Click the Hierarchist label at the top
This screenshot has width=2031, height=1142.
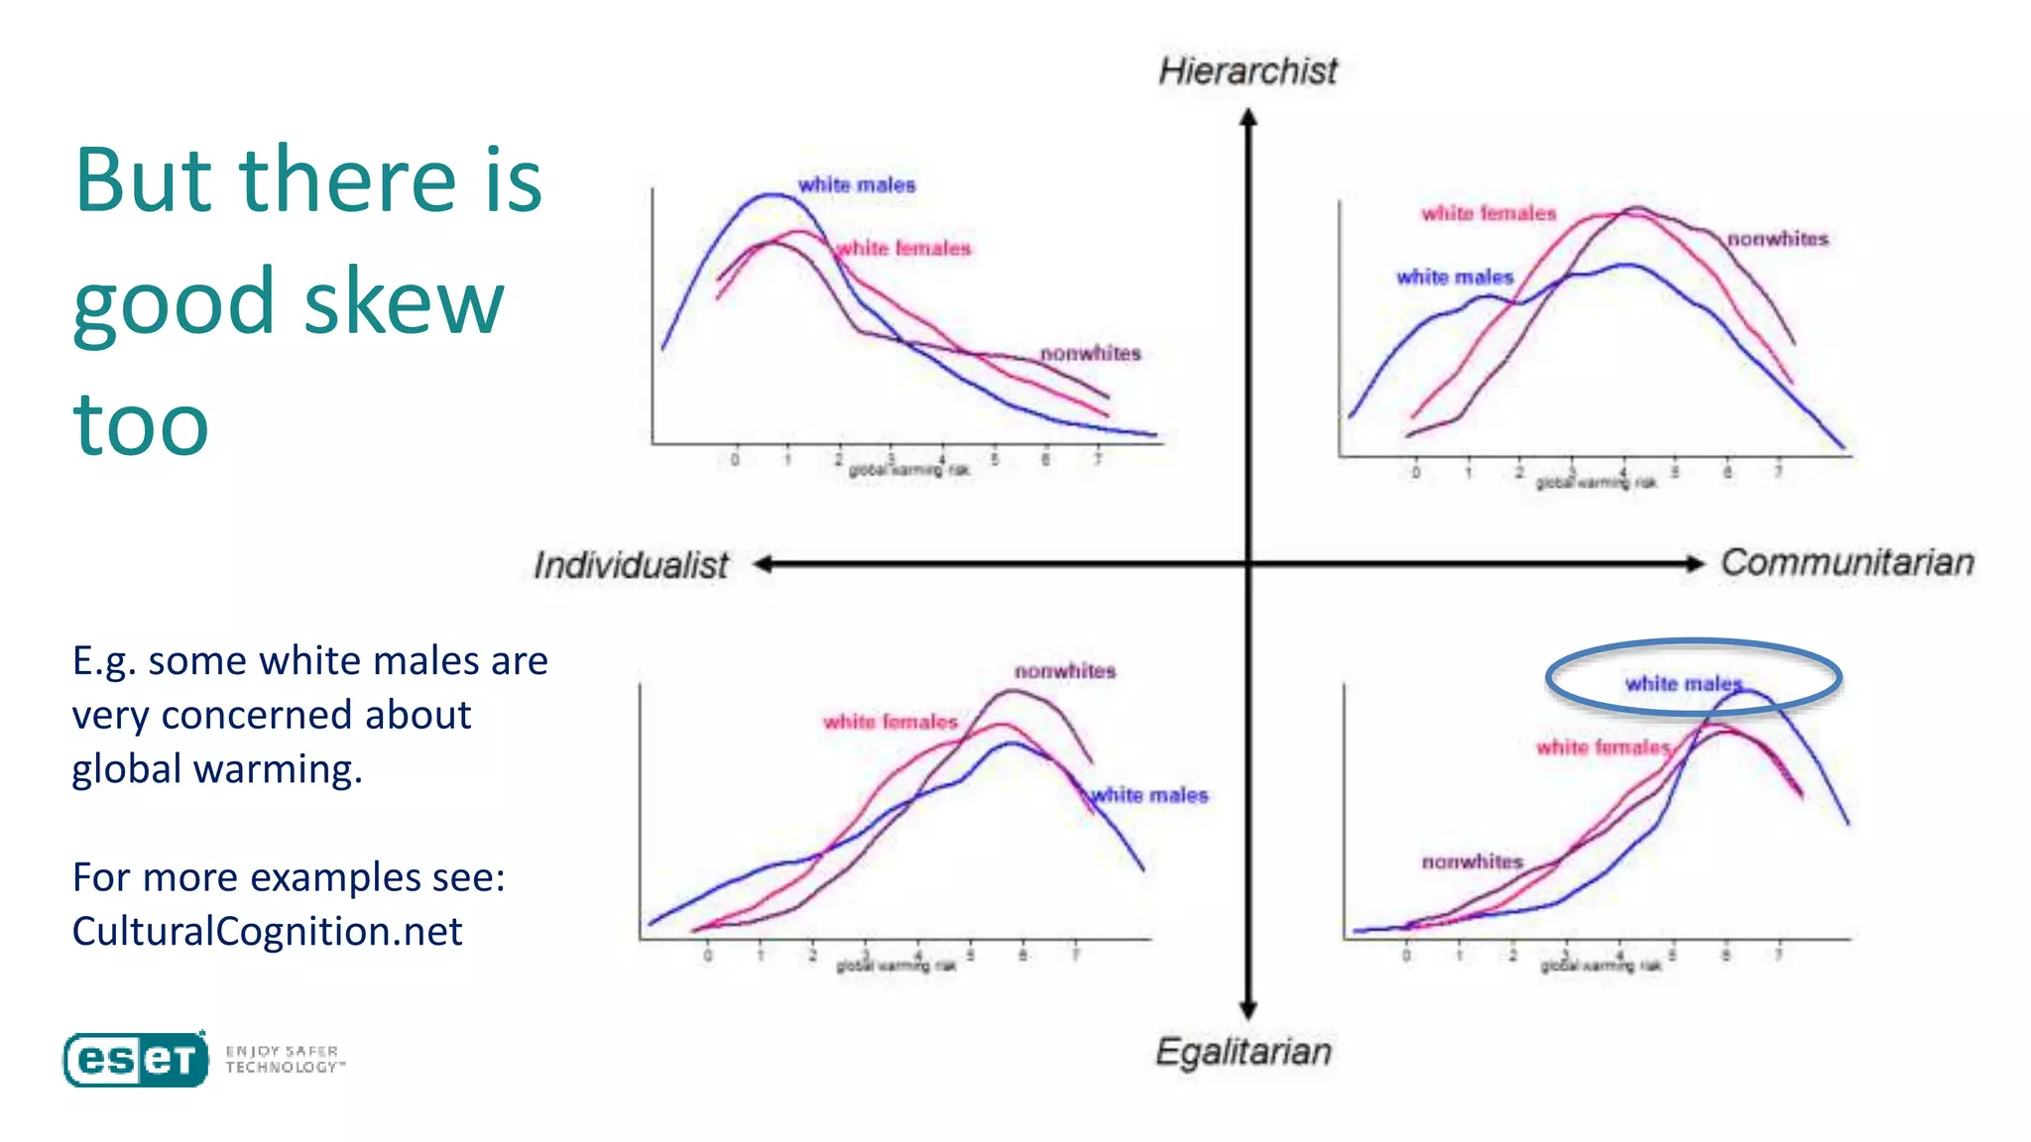pos(1248,71)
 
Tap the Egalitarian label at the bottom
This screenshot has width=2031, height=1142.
pos(1243,1051)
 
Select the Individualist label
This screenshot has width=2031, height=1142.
pos(631,565)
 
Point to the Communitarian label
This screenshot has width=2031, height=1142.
pos(1847,562)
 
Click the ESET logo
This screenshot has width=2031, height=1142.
pos(137,1060)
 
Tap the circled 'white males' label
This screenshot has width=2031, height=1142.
pos(1683,683)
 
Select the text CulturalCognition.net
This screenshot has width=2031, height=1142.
pos(267,931)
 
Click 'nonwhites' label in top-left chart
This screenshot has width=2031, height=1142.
pos(1090,353)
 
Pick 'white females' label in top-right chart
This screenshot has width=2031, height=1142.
pos(1489,213)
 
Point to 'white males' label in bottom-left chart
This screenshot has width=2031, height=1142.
pos(1149,795)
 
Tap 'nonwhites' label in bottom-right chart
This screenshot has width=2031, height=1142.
pos(1472,861)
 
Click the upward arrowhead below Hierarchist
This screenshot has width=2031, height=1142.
pos(1249,117)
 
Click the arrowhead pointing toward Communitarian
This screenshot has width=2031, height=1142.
pos(1695,564)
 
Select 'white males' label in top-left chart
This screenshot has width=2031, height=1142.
pos(857,185)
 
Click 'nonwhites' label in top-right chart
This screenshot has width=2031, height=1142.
pos(1777,239)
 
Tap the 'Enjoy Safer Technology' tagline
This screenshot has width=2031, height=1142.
pos(284,1059)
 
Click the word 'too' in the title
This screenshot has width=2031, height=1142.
pos(141,423)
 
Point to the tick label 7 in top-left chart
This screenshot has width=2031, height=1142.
pos(1097,459)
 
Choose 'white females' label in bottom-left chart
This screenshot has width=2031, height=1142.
pos(890,722)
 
